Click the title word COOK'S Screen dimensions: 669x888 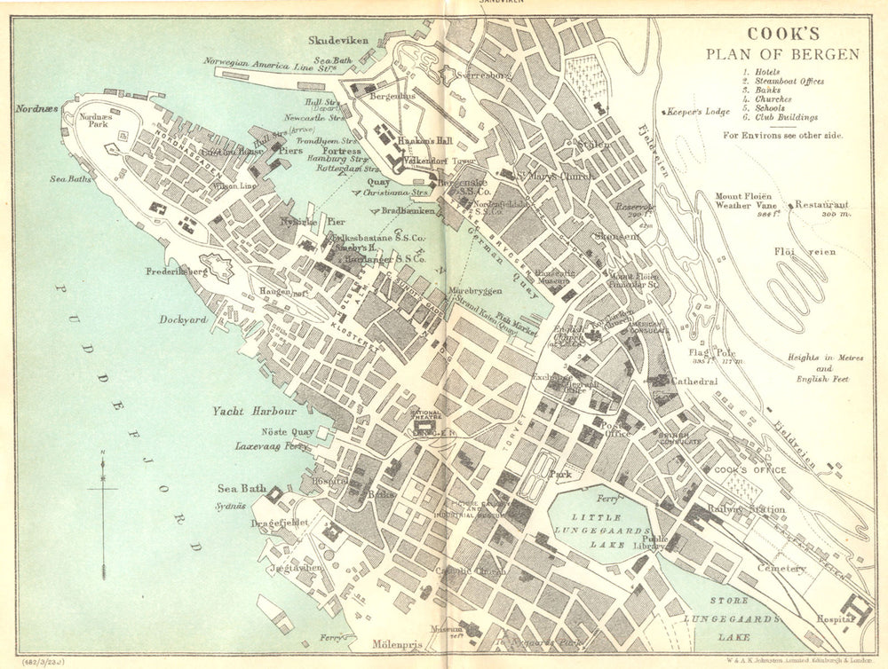pos(781,35)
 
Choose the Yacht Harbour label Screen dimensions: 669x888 pos(254,413)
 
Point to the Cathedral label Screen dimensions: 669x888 pos(694,381)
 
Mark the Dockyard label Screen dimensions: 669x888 pos(184,319)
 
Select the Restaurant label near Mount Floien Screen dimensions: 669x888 pos(821,204)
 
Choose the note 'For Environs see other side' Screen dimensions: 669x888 pos(781,136)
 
